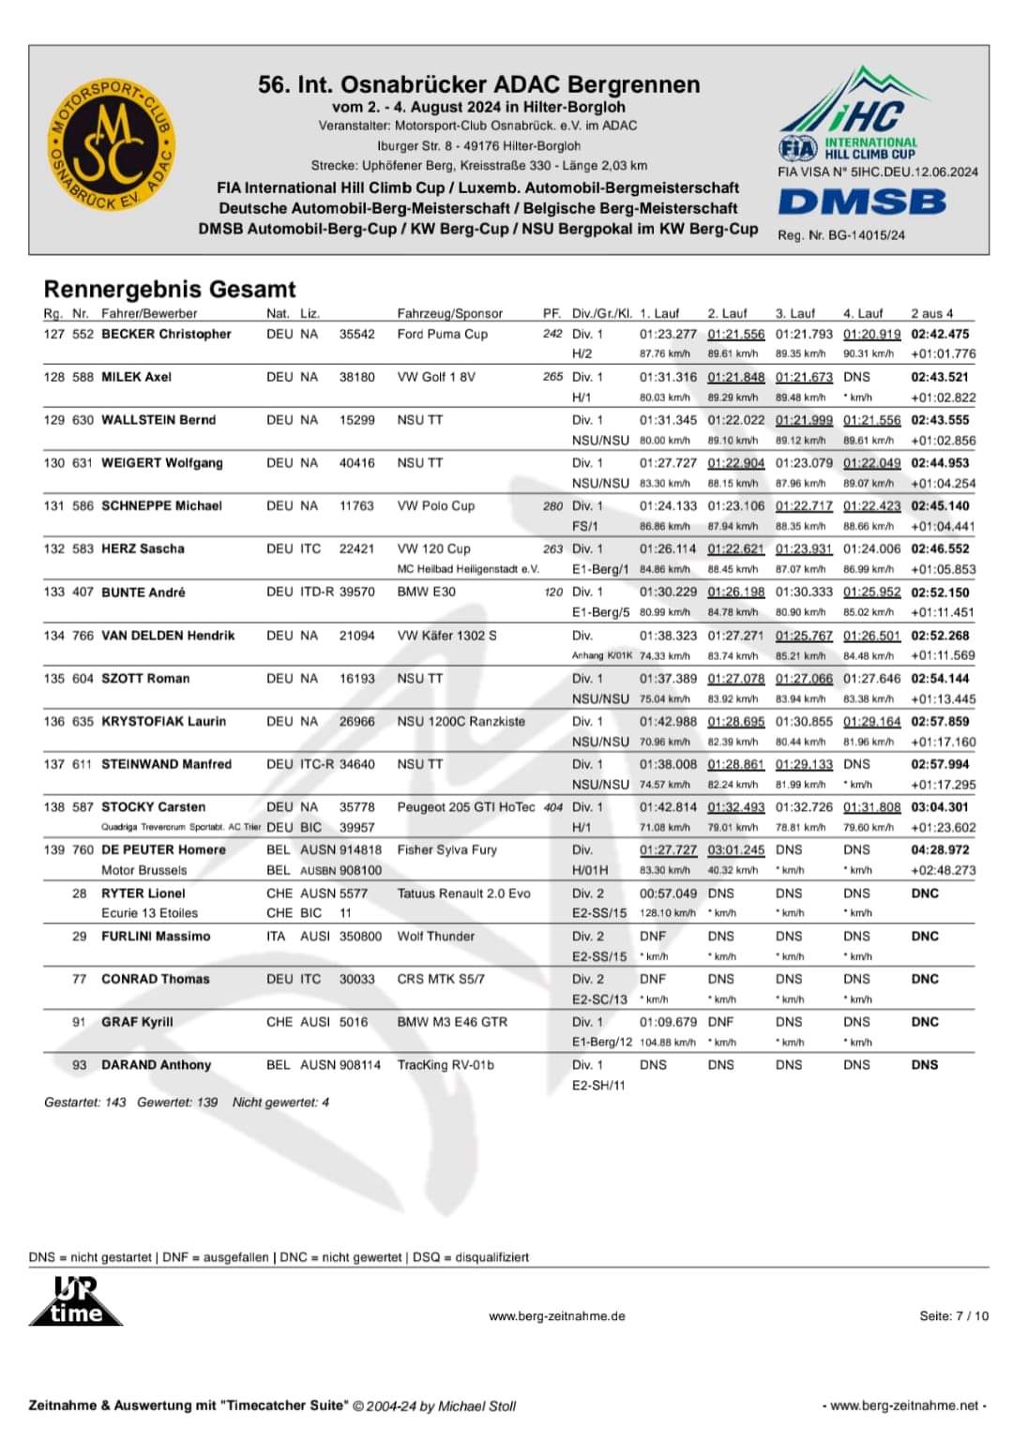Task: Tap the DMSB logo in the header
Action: click(862, 202)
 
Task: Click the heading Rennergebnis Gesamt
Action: click(170, 289)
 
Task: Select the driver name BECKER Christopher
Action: click(166, 334)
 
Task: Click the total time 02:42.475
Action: click(940, 334)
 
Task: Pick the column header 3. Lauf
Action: click(795, 313)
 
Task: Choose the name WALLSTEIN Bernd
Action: click(159, 420)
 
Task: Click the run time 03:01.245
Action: click(736, 849)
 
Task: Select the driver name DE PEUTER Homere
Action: click(163, 849)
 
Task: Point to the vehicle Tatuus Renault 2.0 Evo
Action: click(463, 894)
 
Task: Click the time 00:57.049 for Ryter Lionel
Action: click(669, 894)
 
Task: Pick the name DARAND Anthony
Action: click(157, 1065)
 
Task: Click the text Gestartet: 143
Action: click(84, 1103)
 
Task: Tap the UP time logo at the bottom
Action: click(75, 1302)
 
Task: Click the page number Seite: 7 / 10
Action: click(954, 1316)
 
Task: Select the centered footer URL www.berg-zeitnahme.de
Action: click(557, 1316)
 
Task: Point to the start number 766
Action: click(83, 636)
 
